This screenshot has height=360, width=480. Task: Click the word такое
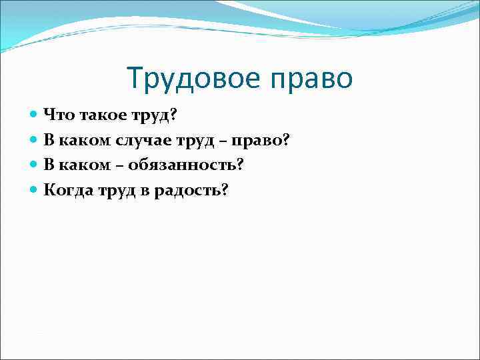coord(99,115)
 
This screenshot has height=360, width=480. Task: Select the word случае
coord(152,140)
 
